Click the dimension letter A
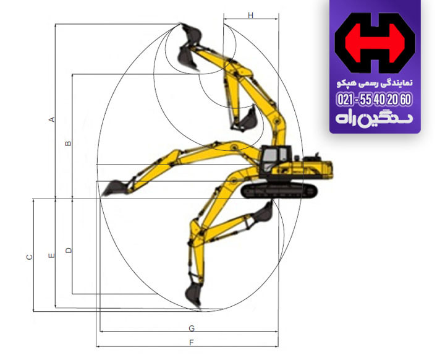pos(53,119)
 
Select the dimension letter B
pos(69,144)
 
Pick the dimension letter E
pos(52,255)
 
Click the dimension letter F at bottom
pos(192,342)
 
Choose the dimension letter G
pos(192,327)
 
